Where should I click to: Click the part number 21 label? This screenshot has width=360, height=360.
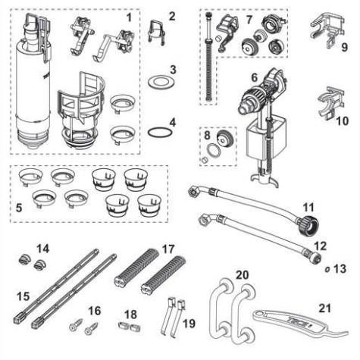(x=324, y=308)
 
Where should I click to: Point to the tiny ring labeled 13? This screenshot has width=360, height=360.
(x=327, y=269)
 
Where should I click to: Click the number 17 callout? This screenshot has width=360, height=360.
(x=168, y=249)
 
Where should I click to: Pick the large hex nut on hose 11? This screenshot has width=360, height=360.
(x=308, y=224)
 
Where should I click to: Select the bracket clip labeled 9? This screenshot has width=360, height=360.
(x=327, y=30)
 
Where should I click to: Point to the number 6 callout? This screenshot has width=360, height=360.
(x=255, y=77)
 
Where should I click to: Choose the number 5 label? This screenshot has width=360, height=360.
(x=19, y=208)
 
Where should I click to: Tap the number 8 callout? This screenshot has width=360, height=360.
(x=207, y=135)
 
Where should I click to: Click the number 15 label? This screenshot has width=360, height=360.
(x=23, y=296)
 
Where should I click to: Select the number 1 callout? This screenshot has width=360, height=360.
(x=129, y=17)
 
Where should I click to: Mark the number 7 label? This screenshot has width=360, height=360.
(x=249, y=20)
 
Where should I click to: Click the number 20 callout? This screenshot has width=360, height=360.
(x=243, y=275)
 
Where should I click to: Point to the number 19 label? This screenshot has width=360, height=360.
(x=189, y=324)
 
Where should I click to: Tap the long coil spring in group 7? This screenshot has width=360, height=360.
(x=208, y=70)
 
